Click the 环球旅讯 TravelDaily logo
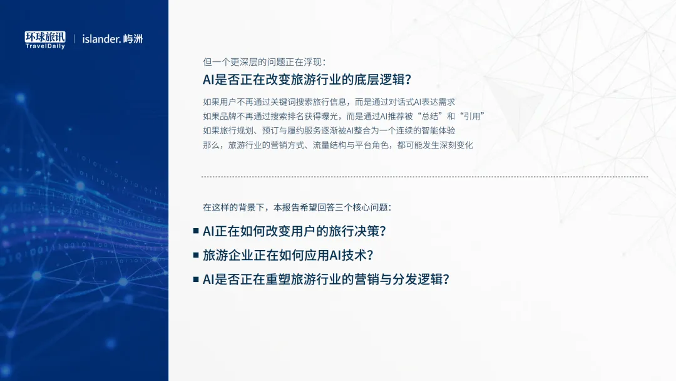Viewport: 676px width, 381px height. [45, 39]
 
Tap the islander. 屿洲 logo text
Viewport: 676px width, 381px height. [113, 39]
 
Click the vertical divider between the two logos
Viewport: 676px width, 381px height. [74, 39]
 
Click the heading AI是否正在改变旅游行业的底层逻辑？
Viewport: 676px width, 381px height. [307, 80]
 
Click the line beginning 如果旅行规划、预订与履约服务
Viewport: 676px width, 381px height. [329, 130]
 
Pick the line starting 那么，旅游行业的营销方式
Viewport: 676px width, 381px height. [338, 145]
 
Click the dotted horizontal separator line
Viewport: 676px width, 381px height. [424, 177]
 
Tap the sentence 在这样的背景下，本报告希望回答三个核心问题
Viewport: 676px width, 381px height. [296, 207]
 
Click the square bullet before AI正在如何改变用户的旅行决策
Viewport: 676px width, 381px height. [196, 231]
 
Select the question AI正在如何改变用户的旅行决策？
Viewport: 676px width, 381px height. [294, 231]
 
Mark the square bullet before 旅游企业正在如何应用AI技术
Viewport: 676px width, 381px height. [196, 255]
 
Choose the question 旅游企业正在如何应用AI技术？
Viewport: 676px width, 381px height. [288, 255]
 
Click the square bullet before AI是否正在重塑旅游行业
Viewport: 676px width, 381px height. [196, 279]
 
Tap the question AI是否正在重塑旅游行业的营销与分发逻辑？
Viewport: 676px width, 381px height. [326, 279]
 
